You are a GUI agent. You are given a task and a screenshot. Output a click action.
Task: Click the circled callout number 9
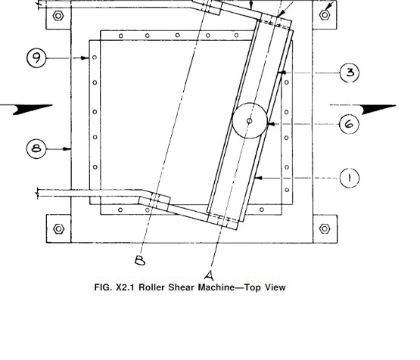click(x=36, y=57)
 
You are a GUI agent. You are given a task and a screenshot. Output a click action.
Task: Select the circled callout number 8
click(x=36, y=148)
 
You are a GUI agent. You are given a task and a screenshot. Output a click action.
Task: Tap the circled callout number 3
click(x=350, y=73)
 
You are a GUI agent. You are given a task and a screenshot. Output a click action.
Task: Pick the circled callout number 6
click(x=349, y=124)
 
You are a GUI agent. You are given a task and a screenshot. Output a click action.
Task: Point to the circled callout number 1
click(x=350, y=178)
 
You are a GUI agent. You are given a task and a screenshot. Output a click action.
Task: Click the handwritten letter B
click(x=140, y=260)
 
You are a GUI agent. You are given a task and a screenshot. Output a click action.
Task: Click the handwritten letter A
click(x=210, y=276)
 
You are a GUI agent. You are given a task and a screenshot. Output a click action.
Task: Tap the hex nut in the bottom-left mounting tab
click(x=59, y=229)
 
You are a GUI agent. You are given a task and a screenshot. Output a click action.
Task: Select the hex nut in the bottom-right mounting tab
click(x=325, y=228)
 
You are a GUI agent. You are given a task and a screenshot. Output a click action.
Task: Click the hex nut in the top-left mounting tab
click(x=58, y=16)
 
